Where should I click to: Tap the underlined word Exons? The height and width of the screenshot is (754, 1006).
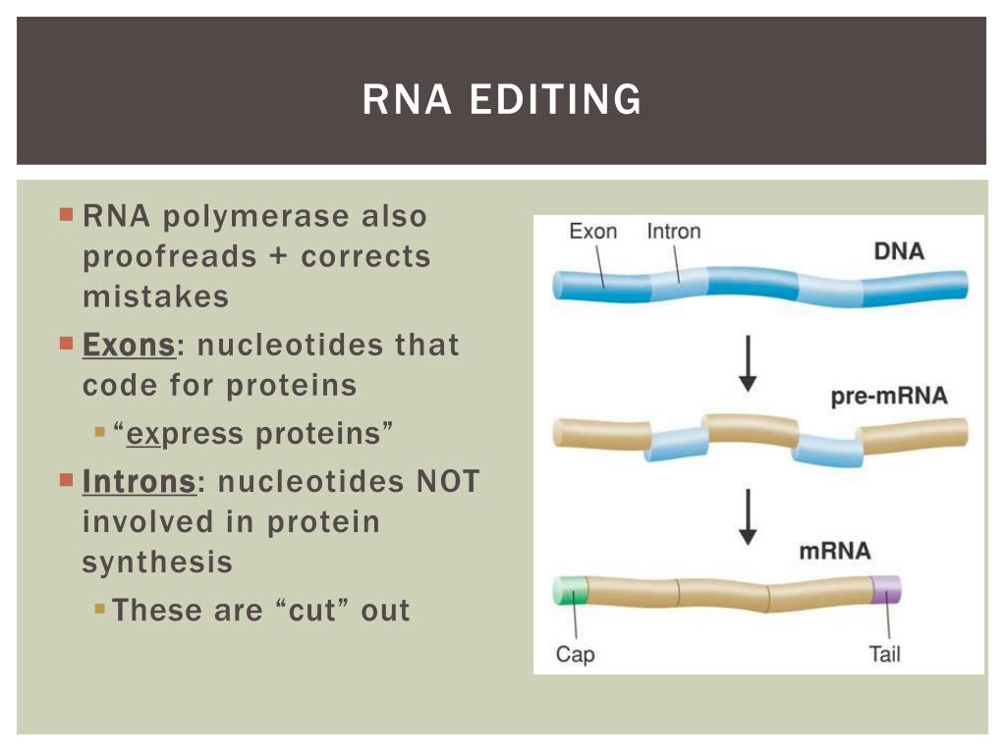129,346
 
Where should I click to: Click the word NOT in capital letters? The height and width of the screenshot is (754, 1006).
448,482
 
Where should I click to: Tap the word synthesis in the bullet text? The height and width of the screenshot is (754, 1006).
157,562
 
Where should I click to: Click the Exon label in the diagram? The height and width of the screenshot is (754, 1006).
593,232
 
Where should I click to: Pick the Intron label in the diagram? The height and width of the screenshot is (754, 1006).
674,232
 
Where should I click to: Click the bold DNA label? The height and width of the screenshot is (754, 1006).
899,251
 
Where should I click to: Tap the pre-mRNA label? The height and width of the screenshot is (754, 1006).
889,398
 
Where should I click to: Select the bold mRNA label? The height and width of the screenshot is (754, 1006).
834,550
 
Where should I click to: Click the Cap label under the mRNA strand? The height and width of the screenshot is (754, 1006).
575,654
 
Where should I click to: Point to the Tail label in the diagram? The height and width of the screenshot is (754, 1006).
884,654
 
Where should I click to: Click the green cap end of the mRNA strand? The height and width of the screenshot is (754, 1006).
570,590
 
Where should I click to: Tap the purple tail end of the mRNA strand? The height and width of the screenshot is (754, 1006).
886,589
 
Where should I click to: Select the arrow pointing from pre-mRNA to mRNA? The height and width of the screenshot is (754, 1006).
748,516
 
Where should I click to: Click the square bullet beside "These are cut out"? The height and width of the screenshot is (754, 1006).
100,609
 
